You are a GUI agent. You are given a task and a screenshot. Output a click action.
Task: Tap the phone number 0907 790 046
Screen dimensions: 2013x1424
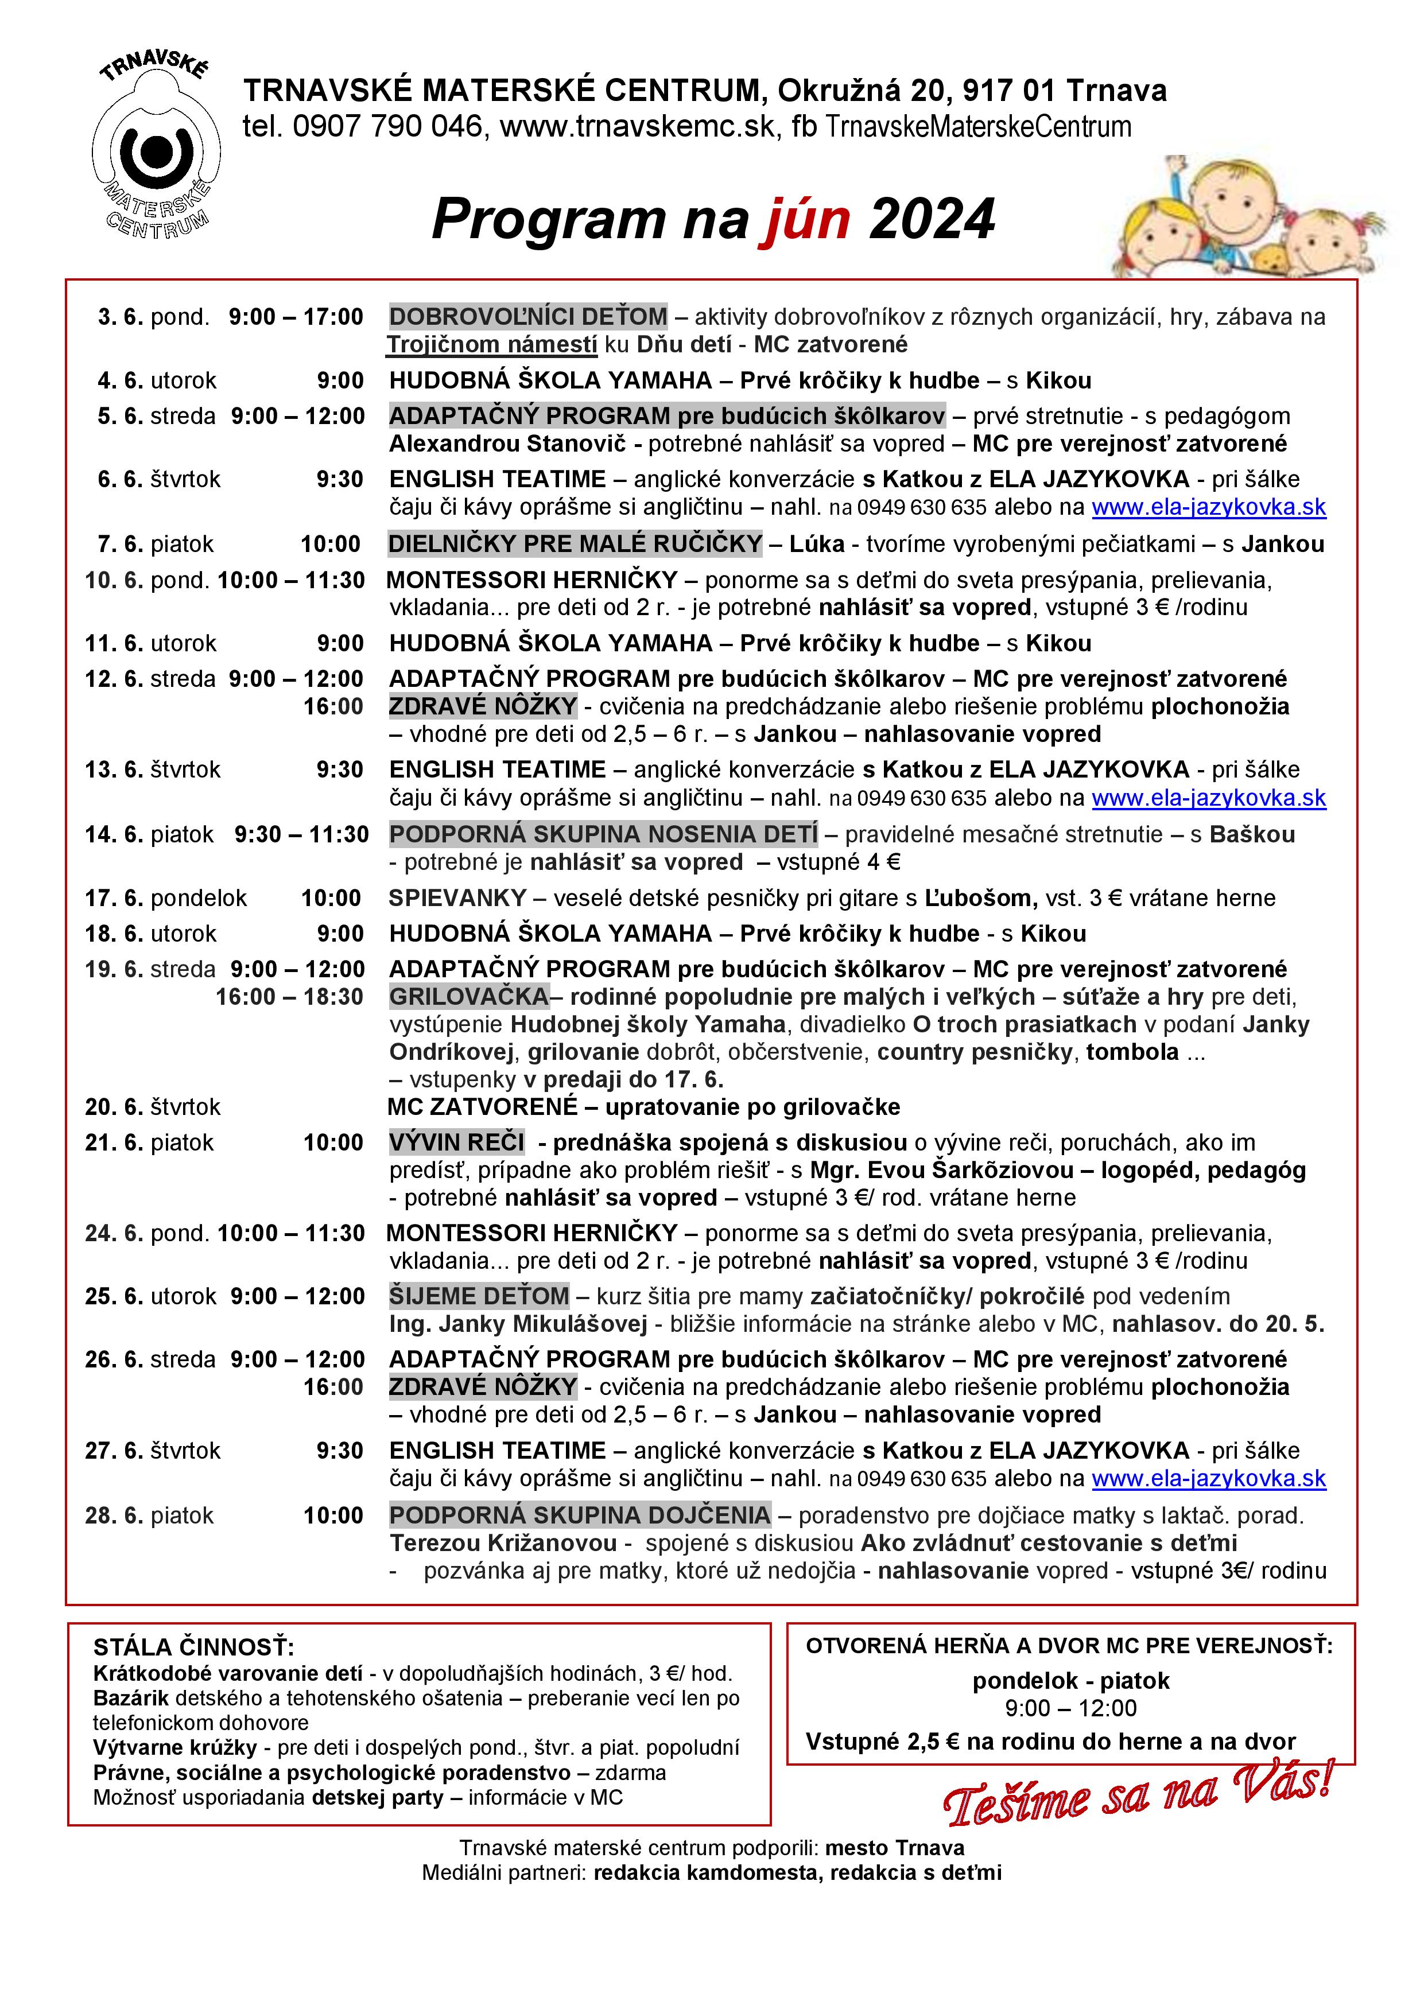[387, 126]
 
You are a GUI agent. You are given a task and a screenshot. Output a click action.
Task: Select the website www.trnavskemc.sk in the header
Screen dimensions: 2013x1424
[638, 126]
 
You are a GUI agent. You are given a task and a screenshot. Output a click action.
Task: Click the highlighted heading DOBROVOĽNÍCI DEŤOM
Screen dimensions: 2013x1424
[528, 317]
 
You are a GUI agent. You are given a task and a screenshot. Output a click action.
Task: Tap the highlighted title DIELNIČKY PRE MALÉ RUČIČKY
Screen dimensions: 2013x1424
[575, 545]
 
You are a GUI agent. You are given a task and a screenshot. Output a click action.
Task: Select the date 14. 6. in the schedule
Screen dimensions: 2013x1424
[114, 835]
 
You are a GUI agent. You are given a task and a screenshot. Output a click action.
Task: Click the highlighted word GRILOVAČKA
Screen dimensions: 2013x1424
[469, 997]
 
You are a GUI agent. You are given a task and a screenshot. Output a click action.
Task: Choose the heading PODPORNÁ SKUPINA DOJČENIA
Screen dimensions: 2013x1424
[580, 1515]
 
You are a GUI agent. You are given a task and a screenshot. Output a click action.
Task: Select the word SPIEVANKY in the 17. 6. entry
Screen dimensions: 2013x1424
[457, 898]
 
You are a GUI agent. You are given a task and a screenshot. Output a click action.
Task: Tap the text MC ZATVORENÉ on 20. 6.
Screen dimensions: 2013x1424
[482, 1107]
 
